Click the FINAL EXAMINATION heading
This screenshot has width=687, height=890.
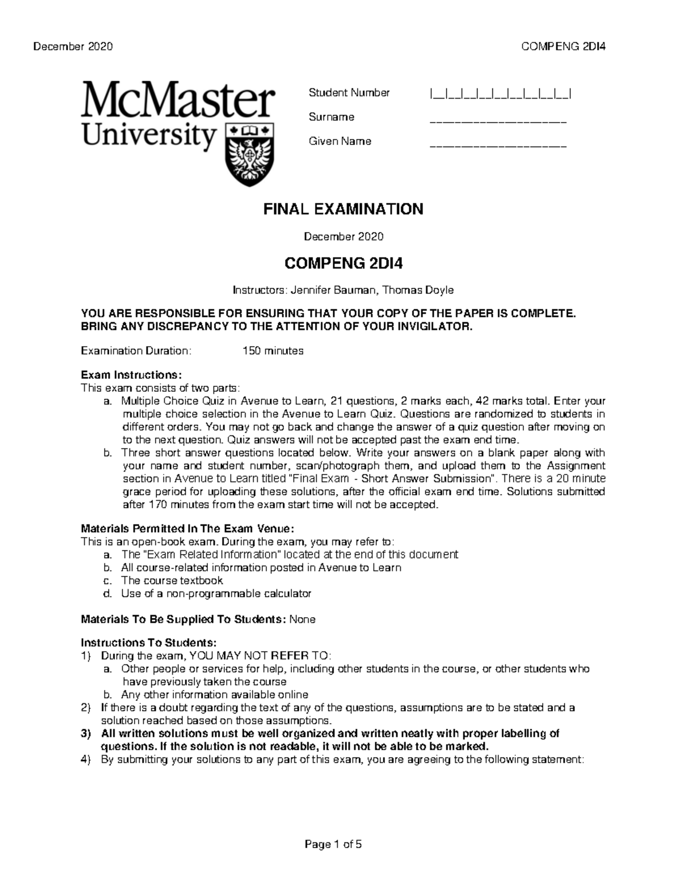[x=343, y=209]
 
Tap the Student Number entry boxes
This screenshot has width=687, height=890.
[x=500, y=93]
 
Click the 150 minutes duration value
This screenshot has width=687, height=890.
[x=273, y=351]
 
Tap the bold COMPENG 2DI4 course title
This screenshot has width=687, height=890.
[x=343, y=264]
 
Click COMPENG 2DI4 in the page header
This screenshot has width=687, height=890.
[x=563, y=46]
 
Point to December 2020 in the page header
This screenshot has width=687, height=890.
[x=73, y=46]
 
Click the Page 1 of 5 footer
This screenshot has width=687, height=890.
[x=334, y=844]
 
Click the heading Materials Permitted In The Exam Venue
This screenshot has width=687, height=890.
[x=188, y=528]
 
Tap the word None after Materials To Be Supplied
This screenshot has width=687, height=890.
[x=302, y=620]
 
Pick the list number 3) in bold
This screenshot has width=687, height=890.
[x=86, y=734]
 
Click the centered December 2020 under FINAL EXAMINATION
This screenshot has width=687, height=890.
[x=343, y=236]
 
